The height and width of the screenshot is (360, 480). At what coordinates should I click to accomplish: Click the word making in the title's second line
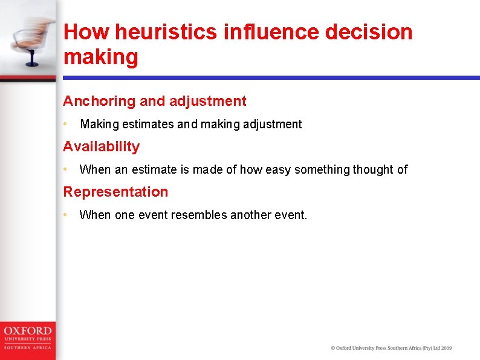pyautogui.click(x=101, y=57)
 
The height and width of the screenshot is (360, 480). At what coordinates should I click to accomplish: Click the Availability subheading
pyautogui.click(x=102, y=146)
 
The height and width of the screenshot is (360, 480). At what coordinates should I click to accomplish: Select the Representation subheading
pyautogui.click(x=115, y=192)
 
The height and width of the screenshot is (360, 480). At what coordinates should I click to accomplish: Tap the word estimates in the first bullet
pyautogui.click(x=148, y=125)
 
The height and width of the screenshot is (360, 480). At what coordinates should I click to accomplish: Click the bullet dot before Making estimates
pyautogui.click(x=65, y=124)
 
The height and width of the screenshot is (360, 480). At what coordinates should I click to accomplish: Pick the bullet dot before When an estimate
pyautogui.click(x=65, y=169)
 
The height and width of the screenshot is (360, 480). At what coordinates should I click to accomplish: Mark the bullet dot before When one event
pyautogui.click(x=65, y=215)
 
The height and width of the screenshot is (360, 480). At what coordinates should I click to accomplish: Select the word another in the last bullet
pyautogui.click(x=251, y=215)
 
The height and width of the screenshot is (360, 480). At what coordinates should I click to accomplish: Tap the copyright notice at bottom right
pyautogui.click(x=391, y=348)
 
